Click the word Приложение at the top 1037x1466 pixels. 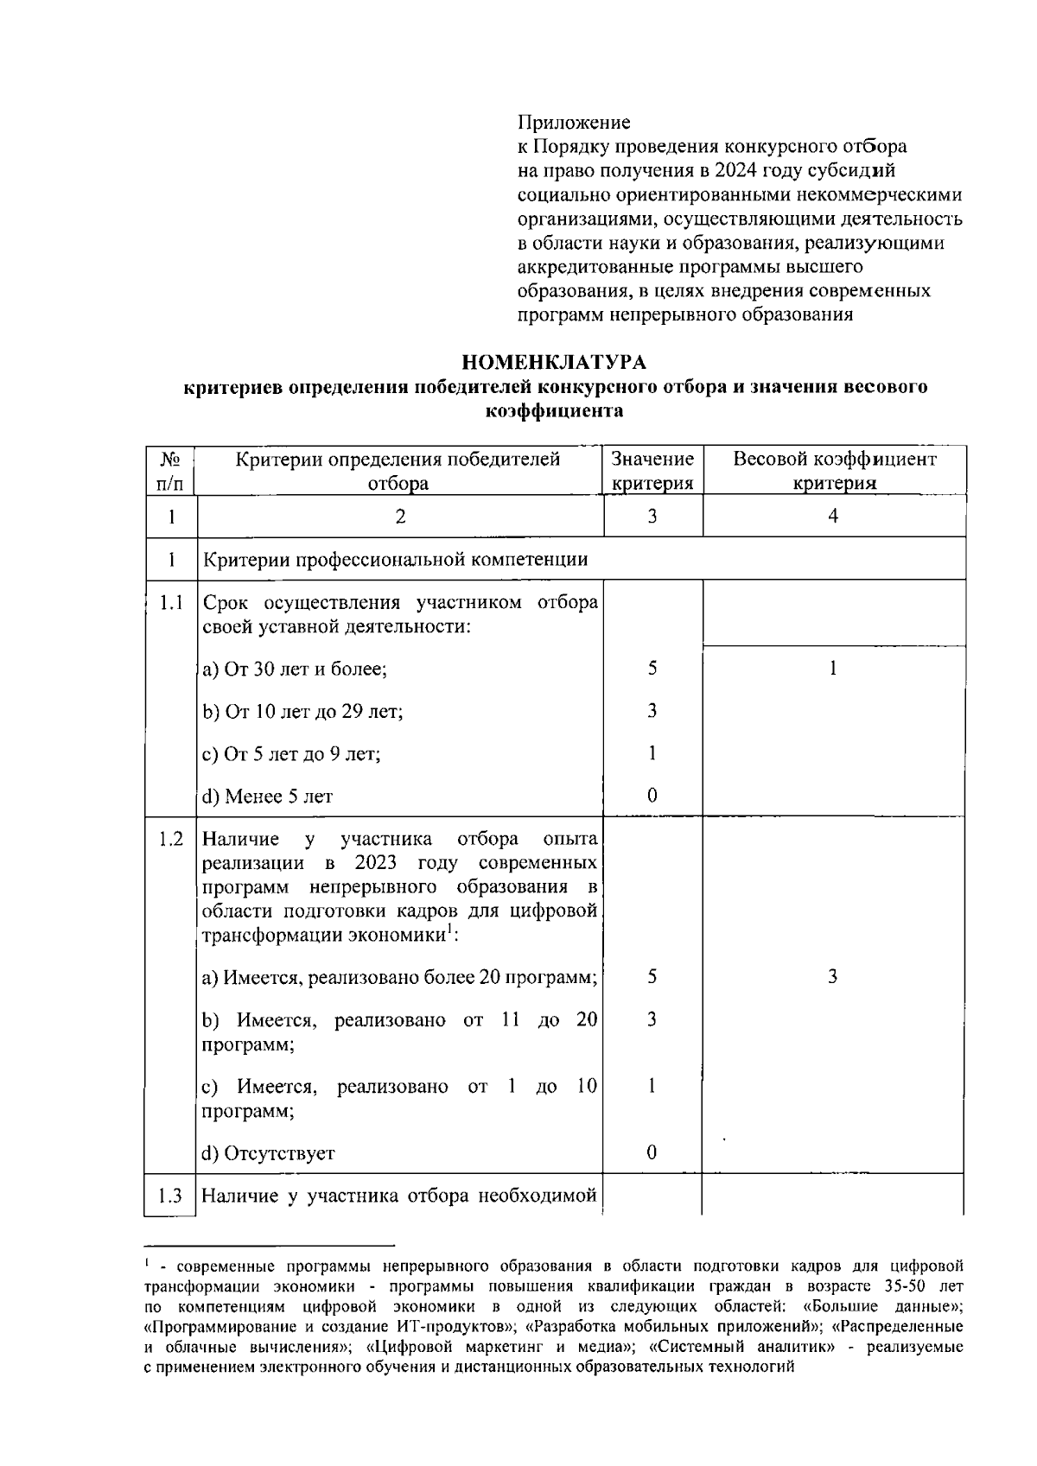pos(574,123)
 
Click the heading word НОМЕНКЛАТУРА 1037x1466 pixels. pos(553,361)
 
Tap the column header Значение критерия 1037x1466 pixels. pos(652,471)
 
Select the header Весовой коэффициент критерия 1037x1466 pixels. pos(834,471)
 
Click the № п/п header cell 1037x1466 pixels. pos(170,471)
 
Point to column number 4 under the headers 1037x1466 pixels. pos(833,517)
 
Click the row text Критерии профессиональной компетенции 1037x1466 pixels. pos(395,559)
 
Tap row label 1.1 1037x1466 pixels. pos(170,602)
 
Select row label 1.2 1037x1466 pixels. pos(170,839)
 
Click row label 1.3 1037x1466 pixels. pos(170,1196)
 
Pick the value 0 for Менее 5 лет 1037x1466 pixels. pos(652,796)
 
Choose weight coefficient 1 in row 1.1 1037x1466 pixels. pos(833,669)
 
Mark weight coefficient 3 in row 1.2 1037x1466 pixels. pos(832,977)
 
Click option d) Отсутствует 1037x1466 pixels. pos(268,1153)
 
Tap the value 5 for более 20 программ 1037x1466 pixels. pos(652,977)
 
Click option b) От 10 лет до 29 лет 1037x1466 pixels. pos(302,711)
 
